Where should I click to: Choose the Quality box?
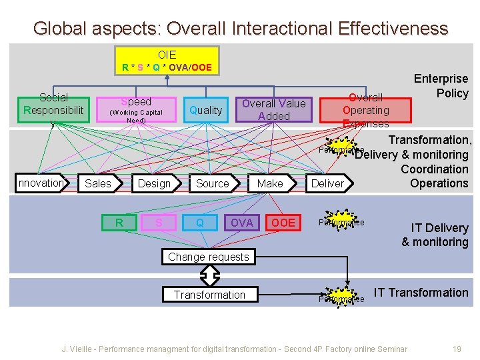click(x=205, y=110)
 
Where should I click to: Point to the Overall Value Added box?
click(x=273, y=110)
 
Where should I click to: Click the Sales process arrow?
click(x=99, y=183)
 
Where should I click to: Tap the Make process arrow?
click(x=270, y=183)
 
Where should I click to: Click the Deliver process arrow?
click(x=328, y=183)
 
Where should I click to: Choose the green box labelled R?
click(x=119, y=223)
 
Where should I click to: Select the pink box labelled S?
click(x=159, y=223)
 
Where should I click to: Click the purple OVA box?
click(x=241, y=223)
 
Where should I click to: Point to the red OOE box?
click(x=283, y=223)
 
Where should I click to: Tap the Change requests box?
click(x=209, y=257)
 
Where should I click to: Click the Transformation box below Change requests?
click(x=209, y=295)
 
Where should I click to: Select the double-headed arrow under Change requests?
click(x=210, y=275)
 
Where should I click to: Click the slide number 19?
click(x=457, y=349)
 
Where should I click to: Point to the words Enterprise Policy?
click(x=441, y=86)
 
